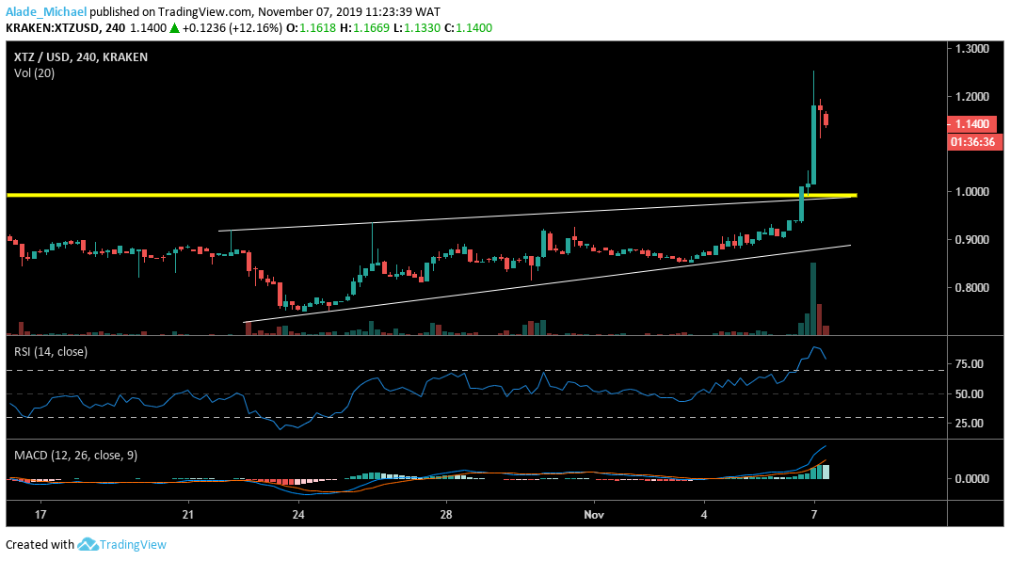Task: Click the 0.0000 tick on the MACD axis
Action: click(969, 478)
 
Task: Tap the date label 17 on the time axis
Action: click(40, 516)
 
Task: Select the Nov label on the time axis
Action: click(593, 516)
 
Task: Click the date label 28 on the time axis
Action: click(447, 516)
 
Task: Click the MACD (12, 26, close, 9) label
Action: click(75, 456)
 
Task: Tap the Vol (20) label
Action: click(34, 72)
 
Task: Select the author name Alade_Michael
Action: click(45, 10)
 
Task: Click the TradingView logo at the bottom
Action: click(122, 544)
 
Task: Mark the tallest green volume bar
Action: click(812, 299)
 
